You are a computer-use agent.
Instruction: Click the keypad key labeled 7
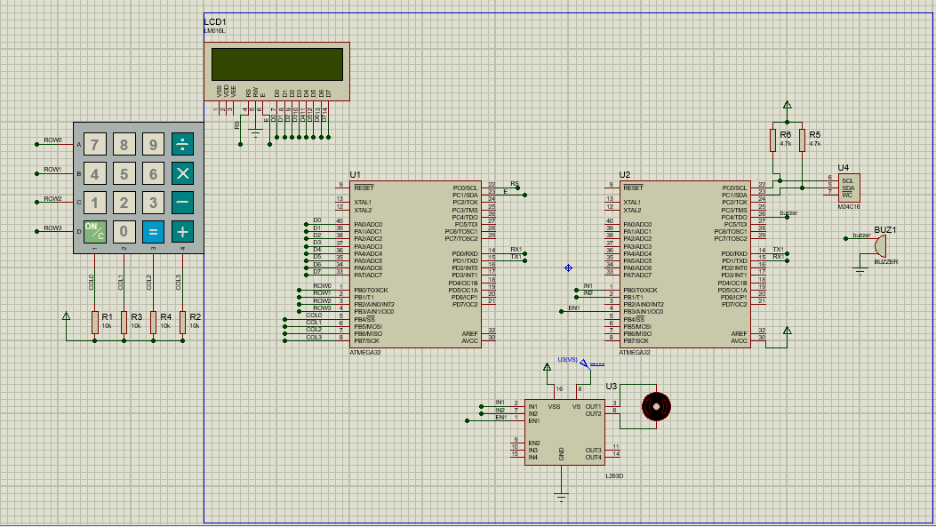coord(95,145)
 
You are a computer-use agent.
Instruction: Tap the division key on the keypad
coord(182,145)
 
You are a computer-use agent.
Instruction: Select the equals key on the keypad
coord(153,232)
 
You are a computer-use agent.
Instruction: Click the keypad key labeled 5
coord(124,173)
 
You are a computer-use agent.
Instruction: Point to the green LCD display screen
coord(276,64)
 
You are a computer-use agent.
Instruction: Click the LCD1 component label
coord(215,21)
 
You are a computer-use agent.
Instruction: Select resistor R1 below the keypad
coord(95,323)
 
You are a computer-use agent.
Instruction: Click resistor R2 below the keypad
coord(182,323)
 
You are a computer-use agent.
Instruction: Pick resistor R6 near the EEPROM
coord(773,140)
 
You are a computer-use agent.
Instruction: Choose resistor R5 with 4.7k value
coord(803,140)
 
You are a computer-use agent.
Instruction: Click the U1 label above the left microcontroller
coord(356,175)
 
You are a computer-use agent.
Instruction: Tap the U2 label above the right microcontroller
coord(625,175)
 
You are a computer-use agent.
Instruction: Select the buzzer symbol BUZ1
coord(880,246)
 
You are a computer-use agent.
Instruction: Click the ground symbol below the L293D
coord(561,494)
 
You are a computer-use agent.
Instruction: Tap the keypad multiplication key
coord(182,173)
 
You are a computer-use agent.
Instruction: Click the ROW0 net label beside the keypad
coord(53,140)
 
